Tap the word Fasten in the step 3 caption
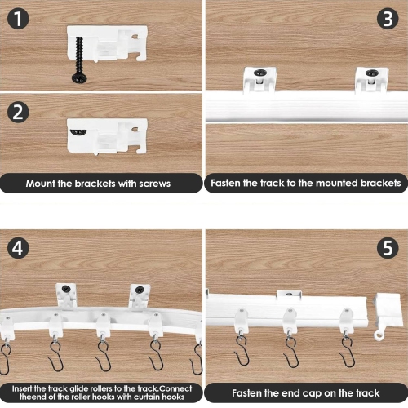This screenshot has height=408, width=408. click(228, 184)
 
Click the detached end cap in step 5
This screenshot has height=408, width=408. click(388, 314)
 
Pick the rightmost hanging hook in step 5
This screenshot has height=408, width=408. click(348, 347)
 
